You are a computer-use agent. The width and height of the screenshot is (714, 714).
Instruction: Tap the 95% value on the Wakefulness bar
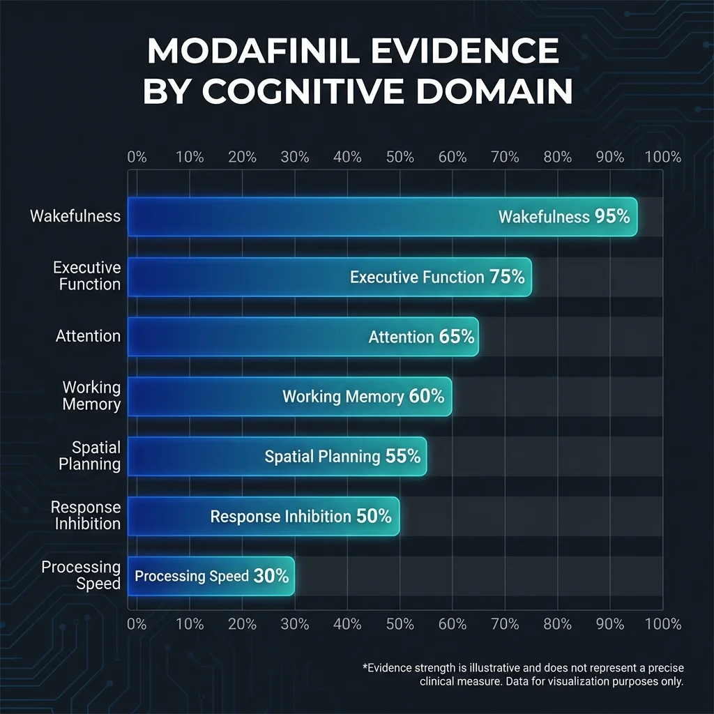click(612, 217)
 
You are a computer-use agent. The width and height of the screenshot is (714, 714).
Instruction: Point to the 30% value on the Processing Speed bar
click(271, 577)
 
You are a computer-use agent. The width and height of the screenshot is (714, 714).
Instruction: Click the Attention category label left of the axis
click(88, 336)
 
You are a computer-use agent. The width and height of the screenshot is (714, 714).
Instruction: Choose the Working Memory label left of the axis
click(91, 395)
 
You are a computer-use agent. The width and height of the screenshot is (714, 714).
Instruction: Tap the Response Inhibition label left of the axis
click(86, 515)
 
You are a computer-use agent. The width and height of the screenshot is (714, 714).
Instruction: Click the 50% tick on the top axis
click(400, 157)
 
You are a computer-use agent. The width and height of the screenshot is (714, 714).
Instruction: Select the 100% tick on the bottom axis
click(662, 623)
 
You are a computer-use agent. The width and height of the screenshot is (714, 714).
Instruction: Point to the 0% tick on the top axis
click(137, 157)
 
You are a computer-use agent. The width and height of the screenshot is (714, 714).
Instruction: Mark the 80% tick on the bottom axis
click(558, 623)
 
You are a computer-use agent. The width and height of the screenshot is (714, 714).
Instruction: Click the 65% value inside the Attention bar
click(457, 337)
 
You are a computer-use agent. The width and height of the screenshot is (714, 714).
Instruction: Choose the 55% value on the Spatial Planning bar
click(403, 457)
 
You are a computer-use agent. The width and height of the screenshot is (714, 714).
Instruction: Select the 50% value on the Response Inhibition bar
click(374, 517)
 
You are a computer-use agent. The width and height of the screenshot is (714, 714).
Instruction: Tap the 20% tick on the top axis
click(242, 157)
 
